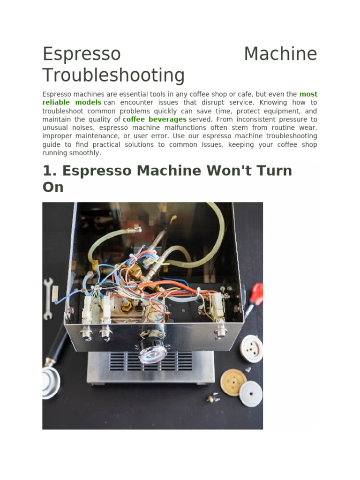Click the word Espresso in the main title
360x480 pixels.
click(x=82, y=54)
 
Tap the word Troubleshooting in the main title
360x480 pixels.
click(x=113, y=75)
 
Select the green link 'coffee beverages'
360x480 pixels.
click(x=154, y=120)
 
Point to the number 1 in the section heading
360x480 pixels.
click(x=47, y=171)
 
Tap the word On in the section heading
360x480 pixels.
click(x=52, y=187)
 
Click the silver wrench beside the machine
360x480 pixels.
click(x=48, y=298)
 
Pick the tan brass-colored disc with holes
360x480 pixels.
click(x=233, y=382)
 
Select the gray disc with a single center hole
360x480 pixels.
click(x=251, y=393)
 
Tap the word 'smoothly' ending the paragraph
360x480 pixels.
click(x=86, y=153)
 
